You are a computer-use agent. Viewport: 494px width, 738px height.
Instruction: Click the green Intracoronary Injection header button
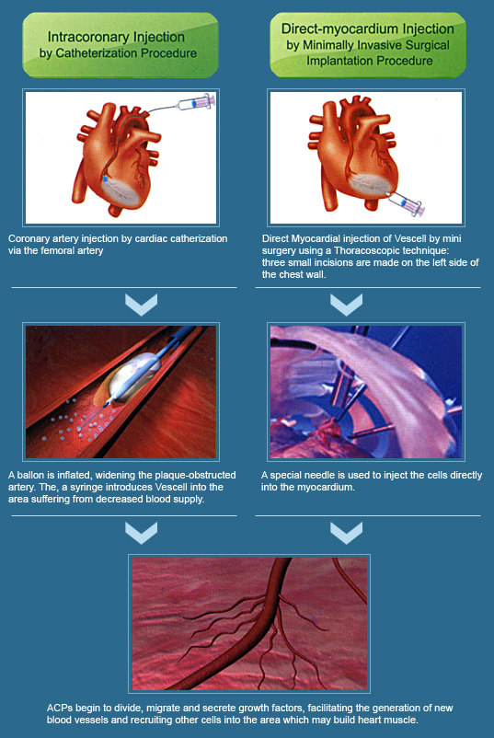(121, 45)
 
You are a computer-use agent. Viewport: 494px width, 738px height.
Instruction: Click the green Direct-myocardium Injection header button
(368, 45)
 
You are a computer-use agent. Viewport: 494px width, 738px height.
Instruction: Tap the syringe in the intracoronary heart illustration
(196, 102)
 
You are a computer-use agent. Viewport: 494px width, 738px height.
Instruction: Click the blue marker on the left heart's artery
(106, 179)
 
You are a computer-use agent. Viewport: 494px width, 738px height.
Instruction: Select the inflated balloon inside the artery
(133, 375)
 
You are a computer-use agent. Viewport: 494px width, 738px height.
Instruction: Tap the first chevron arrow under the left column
(141, 305)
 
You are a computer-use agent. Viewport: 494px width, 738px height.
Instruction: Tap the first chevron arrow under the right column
(346, 305)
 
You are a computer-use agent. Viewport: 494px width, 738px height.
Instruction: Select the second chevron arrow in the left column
(141, 533)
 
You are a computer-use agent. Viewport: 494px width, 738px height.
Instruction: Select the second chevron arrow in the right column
(346, 533)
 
